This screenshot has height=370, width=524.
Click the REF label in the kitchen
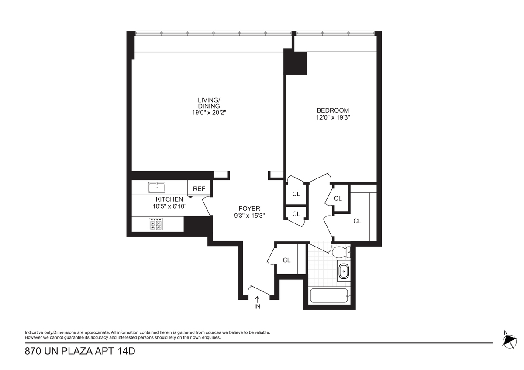pyautogui.click(x=199, y=188)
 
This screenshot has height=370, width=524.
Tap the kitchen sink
pyautogui.click(x=156, y=188)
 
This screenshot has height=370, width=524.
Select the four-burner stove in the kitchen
pyautogui.click(x=156, y=224)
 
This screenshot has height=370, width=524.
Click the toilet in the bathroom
pyautogui.click(x=341, y=253)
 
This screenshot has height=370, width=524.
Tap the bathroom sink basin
pyautogui.click(x=344, y=271)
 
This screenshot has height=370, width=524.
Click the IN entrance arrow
pyautogui.click(x=257, y=299)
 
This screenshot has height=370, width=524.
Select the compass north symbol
pyautogui.click(x=510, y=342)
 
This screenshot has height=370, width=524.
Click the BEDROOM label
pyautogui.click(x=333, y=110)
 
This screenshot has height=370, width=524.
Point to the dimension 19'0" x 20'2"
pyautogui.click(x=209, y=113)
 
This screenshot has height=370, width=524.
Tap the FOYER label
pyautogui.click(x=249, y=208)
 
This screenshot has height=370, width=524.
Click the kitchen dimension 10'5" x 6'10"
pyautogui.click(x=169, y=206)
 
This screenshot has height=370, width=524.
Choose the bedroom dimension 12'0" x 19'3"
pyautogui.click(x=333, y=117)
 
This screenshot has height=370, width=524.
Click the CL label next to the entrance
pyautogui.click(x=286, y=260)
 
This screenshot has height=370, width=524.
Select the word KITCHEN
pyautogui.click(x=169, y=199)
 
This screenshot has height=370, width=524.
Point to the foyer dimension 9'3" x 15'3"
pyautogui.click(x=249, y=215)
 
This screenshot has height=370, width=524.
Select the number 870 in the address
pyautogui.click(x=32, y=351)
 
